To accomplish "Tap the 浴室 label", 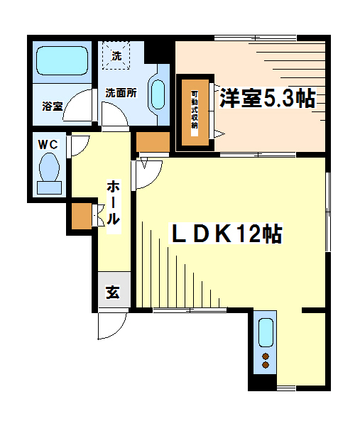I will point(52,106).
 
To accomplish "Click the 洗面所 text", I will point(121,92).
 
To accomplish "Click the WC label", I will point(48,143).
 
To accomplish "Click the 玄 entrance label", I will point(113,292).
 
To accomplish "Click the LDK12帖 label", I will point(226,234).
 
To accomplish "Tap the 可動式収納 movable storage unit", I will point(195,111).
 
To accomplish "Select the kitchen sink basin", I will point(266,332).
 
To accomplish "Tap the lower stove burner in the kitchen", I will point(266,365).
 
